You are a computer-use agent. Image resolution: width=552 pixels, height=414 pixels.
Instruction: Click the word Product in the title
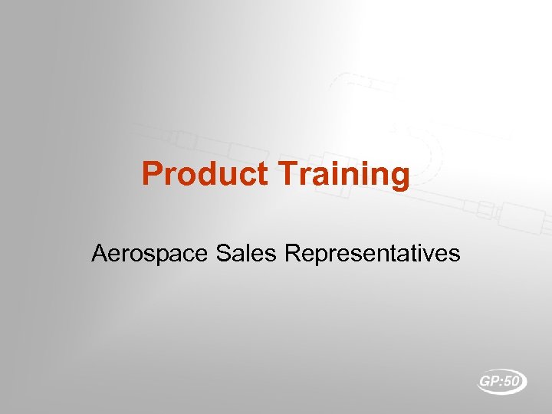pos(206,174)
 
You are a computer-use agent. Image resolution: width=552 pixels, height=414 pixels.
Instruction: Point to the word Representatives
pos(372,253)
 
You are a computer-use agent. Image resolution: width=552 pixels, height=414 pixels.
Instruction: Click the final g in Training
pos(400,178)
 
